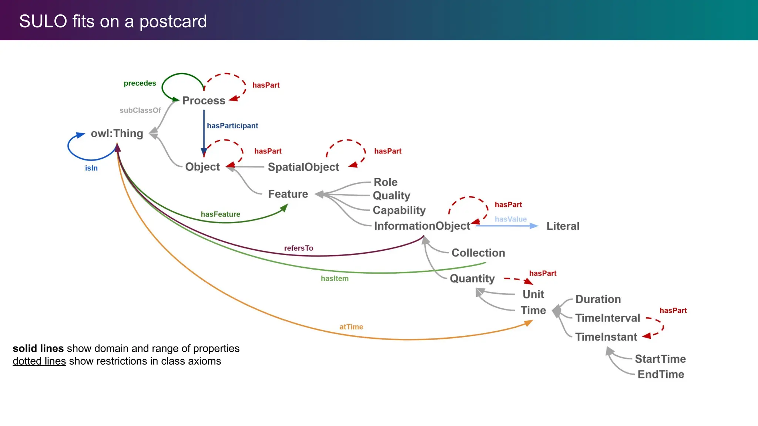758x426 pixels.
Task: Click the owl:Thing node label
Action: point(117,133)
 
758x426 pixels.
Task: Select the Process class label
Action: point(204,101)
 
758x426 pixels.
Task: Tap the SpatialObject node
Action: point(303,167)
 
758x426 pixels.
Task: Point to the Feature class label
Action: point(288,194)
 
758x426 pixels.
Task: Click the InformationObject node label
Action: point(422,226)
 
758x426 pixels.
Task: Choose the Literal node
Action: point(563,226)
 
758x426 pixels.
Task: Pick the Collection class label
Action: point(478,253)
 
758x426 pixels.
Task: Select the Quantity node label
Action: point(472,278)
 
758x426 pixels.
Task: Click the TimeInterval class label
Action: point(607,318)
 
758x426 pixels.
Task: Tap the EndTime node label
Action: point(661,375)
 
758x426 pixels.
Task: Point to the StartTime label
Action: point(660,359)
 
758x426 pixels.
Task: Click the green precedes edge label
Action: point(140,84)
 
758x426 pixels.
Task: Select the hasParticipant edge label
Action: point(232,126)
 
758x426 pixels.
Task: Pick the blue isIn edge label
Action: point(91,168)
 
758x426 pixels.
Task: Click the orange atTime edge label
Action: point(351,327)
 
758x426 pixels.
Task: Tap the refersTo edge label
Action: point(299,248)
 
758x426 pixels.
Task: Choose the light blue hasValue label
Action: point(510,219)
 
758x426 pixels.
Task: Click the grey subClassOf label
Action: point(140,111)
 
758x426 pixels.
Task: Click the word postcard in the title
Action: point(173,22)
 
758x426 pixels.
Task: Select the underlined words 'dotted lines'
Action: point(39,361)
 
